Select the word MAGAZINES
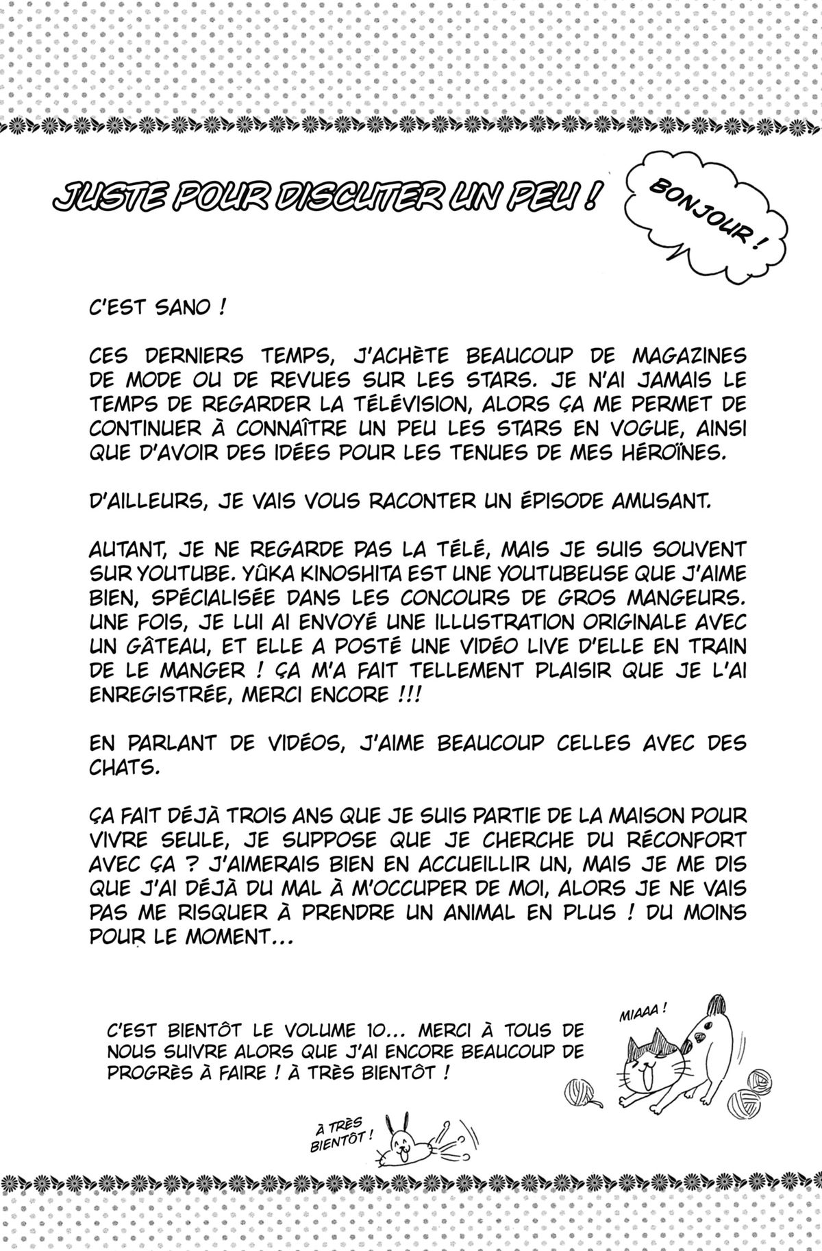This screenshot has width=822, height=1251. click(685, 357)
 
